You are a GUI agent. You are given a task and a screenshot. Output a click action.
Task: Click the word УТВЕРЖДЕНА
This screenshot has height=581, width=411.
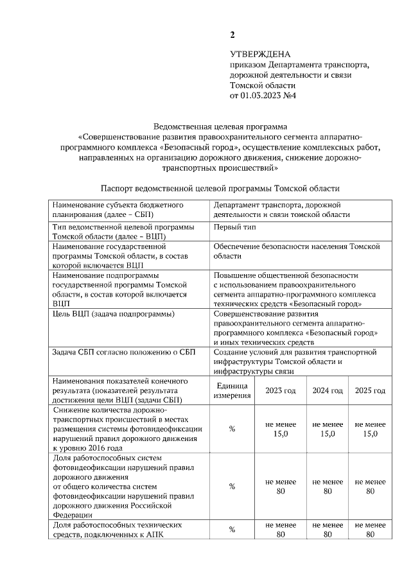(x=260, y=55)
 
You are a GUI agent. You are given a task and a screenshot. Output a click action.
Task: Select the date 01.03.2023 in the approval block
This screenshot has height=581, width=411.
(x=260, y=96)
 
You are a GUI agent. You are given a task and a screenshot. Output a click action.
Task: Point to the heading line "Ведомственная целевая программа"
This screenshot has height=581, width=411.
(x=220, y=126)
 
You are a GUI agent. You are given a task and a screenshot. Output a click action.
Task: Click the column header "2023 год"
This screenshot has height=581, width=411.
(x=281, y=390)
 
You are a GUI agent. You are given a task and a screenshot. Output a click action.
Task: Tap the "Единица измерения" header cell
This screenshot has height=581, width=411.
(x=232, y=390)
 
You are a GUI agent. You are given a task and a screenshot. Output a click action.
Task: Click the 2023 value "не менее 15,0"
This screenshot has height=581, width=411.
(x=281, y=429)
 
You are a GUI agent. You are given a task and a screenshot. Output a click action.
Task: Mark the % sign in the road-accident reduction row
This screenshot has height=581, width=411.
(x=232, y=429)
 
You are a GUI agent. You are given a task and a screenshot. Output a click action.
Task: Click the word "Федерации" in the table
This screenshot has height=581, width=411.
(x=73, y=514)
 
